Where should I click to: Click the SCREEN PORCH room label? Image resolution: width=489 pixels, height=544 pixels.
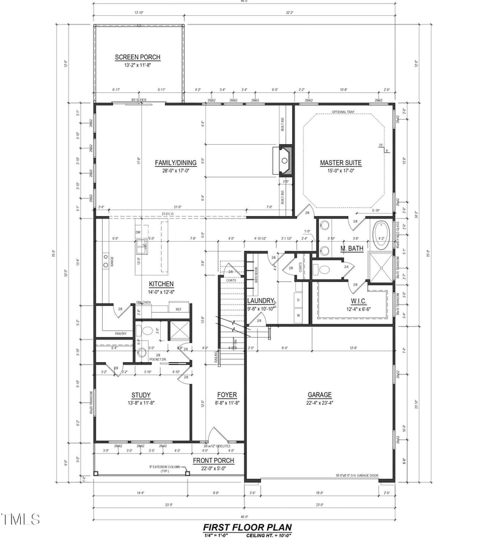[x=138, y=57]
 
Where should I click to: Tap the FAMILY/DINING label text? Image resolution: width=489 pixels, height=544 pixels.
[x=175, y=162]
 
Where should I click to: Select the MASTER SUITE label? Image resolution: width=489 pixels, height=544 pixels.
[x=340, y=163]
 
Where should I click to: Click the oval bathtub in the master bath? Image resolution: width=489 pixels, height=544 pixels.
[x=383, y=237]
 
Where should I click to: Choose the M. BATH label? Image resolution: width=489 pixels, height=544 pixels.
[x=336, y=248]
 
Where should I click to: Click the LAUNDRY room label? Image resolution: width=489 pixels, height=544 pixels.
[x=260, y=301]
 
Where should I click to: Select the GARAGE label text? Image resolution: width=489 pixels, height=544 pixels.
[x=319, y=395]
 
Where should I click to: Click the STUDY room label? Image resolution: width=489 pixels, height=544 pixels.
[x=141, y=395]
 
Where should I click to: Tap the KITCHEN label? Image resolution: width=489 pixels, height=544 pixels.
[x=161, y=284]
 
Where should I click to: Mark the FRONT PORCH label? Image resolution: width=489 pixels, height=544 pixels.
[x=210, y=461]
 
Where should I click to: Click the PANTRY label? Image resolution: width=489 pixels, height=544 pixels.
[x=121, y=334]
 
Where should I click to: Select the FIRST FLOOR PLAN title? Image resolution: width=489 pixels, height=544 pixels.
[x=247, y=528]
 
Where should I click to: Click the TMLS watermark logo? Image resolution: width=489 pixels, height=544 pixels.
[x=20, y=520]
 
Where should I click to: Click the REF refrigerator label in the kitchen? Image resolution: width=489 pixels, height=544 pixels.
[x=178, y=310]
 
